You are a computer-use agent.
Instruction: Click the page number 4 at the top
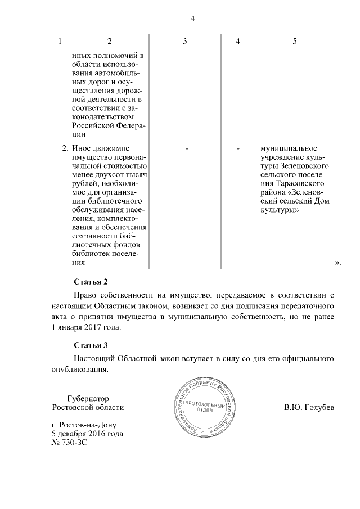coord(192,19)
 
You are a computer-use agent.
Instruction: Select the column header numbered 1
coord(60,42)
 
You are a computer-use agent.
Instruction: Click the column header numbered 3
coord(185,42)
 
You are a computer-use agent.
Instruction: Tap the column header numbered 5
coord(294,42)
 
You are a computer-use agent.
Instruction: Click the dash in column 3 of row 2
coord(186,148)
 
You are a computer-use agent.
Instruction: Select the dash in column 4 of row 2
coord(238,148)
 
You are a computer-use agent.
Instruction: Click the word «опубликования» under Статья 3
coord(78,369)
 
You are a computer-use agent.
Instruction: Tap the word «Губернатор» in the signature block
coord(88,398)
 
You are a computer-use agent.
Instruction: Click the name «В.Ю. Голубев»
coord(309,407)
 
